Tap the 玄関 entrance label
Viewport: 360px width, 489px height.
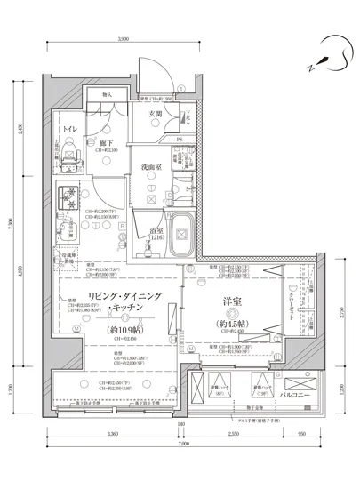(x=155, y=114)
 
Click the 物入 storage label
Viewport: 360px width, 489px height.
(x=108, y=94)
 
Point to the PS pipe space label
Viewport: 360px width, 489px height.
(x=180, y=139)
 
